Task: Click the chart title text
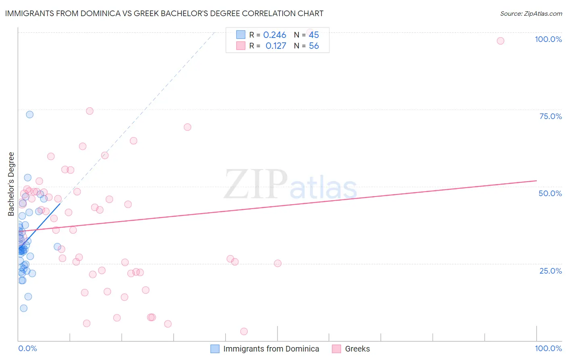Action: point(164,13)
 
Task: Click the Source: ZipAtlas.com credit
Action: point(531,13)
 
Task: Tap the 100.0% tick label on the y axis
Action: point(548,39)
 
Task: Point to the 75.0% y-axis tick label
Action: point(550,116)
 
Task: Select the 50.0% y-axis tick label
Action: point(550,193)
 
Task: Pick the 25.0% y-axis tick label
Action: point(550,270)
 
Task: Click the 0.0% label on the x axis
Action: point(27,348)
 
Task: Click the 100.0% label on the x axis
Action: point(548,348)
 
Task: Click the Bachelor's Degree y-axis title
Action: point(11,184)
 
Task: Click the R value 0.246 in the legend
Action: point(275,35)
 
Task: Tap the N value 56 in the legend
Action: point(314,46)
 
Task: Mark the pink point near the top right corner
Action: point(500,41)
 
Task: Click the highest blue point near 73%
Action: point(29,114)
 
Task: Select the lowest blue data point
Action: point(24,308)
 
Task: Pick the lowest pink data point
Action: point(244,331)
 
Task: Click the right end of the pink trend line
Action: point(536,181)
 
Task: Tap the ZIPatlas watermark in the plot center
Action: point(290,185)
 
